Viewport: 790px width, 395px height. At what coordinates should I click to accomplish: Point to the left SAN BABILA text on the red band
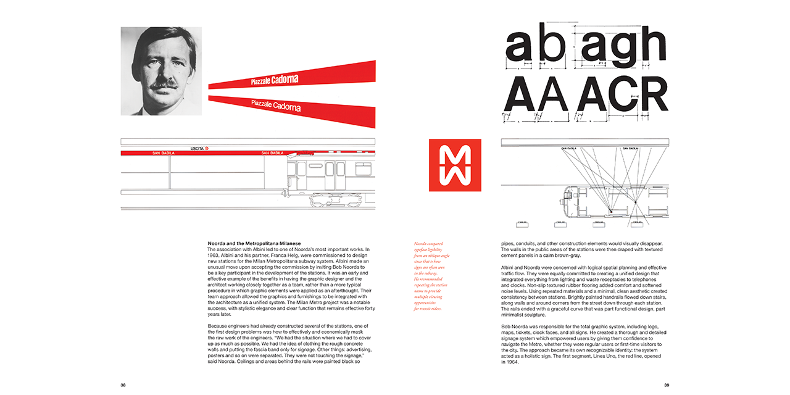[163, 153]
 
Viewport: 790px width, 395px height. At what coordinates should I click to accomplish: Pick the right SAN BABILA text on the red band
[272, 153]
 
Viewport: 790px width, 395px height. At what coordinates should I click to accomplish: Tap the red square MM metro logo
[455, 165]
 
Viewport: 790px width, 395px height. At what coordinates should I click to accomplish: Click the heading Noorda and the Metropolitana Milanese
[255, 243]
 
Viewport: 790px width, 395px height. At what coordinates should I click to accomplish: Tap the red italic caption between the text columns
[432, 275]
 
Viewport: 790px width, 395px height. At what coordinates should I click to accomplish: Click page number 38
[123, 385]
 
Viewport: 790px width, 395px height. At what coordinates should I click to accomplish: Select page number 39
[667, 385]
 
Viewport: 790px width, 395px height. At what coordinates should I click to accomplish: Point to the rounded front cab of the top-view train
[566, 203]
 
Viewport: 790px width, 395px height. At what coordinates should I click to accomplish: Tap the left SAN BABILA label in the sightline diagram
[569, 149]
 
